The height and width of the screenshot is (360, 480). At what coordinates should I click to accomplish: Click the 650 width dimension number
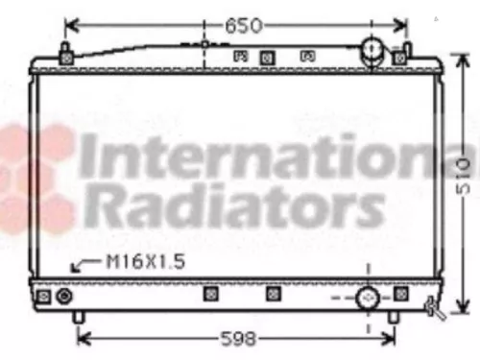point(242,25)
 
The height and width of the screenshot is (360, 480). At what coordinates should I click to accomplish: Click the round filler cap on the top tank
point(372,52)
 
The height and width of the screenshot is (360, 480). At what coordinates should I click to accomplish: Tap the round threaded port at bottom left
point(64,298)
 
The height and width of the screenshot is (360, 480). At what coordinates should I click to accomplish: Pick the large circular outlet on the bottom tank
point(368,299)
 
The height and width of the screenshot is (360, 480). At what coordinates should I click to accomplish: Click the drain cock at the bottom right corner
point(435,308)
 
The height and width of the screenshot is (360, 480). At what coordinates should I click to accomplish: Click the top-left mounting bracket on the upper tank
point(66,57)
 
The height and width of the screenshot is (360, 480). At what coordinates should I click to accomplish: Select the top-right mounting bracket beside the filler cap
point(400,57)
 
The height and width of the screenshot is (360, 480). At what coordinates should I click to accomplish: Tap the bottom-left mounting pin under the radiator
point(81,316)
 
